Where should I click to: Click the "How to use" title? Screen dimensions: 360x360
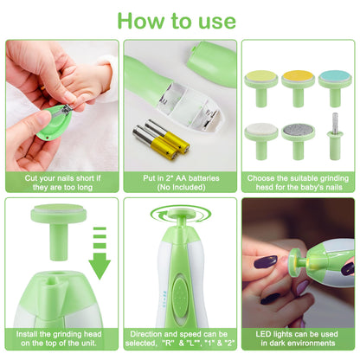tap(177, 21)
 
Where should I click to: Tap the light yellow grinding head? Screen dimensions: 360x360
tap(260, 87)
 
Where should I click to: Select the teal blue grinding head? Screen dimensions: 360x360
tap(335, 87)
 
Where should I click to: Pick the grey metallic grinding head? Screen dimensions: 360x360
tap(299, 141)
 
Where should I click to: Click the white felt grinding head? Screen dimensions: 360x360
tap(261, 141)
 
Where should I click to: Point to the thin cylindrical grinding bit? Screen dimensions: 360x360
tap(335, 136)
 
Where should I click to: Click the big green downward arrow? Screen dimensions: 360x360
tap(100, 254)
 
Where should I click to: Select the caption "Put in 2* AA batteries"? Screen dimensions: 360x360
tap(181, 178)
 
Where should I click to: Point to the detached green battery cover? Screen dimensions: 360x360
tap(211, 64)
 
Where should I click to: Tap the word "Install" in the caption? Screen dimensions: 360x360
tap(27, 334)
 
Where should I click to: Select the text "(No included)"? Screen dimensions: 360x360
tap(181, 187)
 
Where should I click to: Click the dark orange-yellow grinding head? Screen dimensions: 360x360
tap(298, 87)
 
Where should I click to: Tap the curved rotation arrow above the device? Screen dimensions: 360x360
tap(180, 215)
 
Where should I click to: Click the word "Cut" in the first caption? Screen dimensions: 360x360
tap(31, 178)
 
